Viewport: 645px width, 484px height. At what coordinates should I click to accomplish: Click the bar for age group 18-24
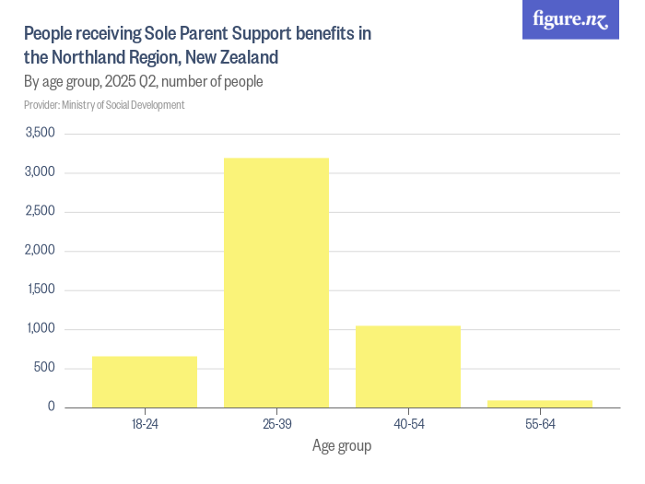click(145, 381)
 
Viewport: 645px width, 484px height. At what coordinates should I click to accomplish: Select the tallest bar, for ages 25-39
click(276, 282)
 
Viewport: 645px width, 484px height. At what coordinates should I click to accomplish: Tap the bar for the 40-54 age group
click(408, 366)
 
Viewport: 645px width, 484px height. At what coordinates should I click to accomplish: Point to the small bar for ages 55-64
click(540, 403)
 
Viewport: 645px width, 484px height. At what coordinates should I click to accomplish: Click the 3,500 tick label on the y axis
click(41, 134)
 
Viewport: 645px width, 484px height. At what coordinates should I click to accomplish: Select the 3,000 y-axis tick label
click(41, 172)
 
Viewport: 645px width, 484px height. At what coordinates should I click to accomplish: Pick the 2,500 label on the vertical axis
click(41, 211)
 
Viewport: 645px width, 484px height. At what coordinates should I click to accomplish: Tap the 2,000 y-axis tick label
click(41, 251)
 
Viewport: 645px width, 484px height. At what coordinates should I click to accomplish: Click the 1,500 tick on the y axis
click(41, 289)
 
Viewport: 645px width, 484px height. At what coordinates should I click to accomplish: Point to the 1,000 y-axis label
click(41, 329)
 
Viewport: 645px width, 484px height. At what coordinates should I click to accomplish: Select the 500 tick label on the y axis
click(45, 368)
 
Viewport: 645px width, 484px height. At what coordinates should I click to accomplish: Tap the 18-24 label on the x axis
click(145, 424)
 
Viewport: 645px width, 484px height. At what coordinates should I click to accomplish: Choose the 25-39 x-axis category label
click(276, 424)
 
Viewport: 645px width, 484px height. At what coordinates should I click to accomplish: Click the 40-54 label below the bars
click(408, 424)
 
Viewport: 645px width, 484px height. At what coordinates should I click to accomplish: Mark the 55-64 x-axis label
click(540, 424)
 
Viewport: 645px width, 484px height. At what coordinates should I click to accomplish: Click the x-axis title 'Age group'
click(342, 447)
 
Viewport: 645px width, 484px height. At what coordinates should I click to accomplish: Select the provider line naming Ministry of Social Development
click(104, 105)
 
